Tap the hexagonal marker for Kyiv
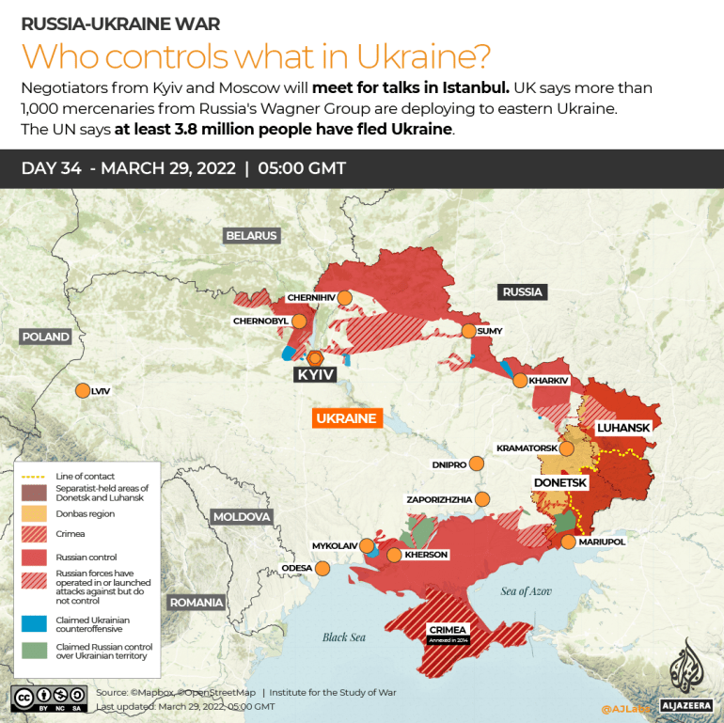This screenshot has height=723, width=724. point(315,357)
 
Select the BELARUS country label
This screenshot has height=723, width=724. point(251,235)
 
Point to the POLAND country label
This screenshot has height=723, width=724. point(46,337)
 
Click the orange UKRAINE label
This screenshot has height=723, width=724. point(346,418)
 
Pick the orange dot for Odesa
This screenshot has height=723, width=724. point(323,568)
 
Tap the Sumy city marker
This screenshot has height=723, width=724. point(468,331)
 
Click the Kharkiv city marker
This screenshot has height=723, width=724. point(520,380)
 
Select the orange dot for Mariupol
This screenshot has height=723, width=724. point(568,542)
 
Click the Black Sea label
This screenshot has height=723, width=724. point(343,637)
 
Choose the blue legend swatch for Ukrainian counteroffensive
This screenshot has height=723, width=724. point(32,622)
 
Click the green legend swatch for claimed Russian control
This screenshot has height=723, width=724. point(32,650)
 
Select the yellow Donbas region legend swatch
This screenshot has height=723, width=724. point(32,513)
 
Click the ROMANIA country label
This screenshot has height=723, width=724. point(197,603)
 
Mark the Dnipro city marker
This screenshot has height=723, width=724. point(477,464)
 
